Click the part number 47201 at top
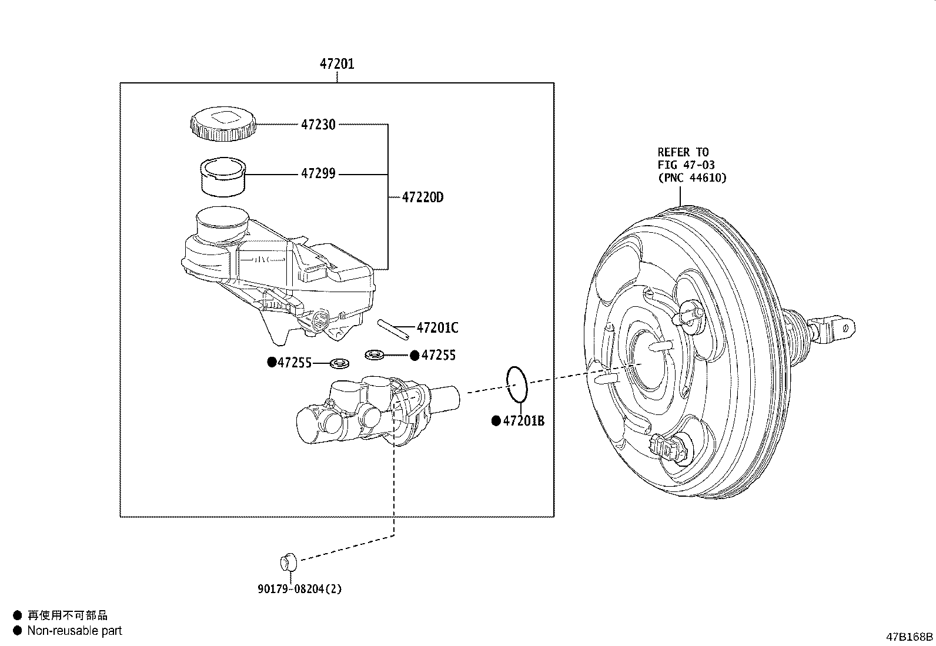point(337,63)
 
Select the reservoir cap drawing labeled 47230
point(223,124)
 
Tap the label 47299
point(318,173)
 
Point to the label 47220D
point(423,198)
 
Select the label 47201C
point(437,328)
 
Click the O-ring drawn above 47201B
point(517,384)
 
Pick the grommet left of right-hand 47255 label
point(375,355)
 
